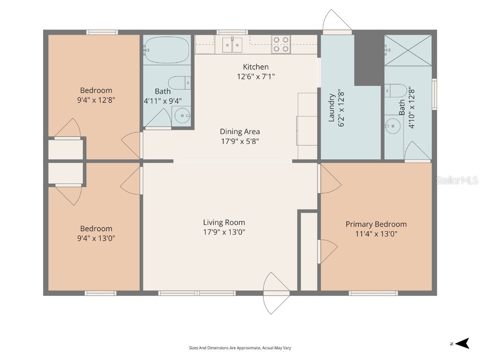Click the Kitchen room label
tap(255, 67)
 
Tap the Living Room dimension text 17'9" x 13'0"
tap(224, 232)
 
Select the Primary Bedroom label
tap(376, 225)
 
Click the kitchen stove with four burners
tap(280, 44)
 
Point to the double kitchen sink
tap(232, 45)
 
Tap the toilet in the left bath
tap(179, 83)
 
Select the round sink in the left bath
tap(182, 115)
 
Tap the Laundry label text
tap(331, 108)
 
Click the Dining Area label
tap(240, 132)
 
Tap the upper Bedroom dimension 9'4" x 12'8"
tap(96, 100)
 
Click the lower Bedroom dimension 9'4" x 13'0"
tap(96, 238)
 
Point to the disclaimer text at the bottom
tap(240, 348)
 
